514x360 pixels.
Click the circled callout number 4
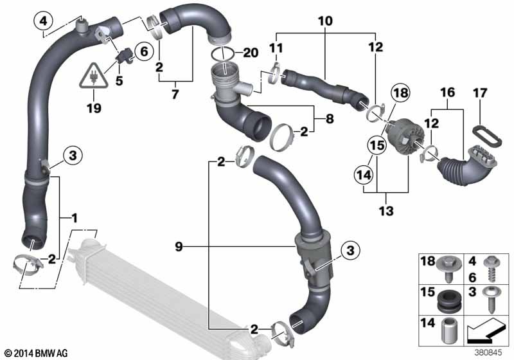pos(43,22)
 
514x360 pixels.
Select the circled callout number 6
pos(144,51)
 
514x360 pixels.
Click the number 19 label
pos(94,108)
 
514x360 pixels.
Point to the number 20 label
pos(251,53)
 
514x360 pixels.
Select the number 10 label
pos(325,21)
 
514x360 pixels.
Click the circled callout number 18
pos(401,93)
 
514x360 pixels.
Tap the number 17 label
pos(480,93)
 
